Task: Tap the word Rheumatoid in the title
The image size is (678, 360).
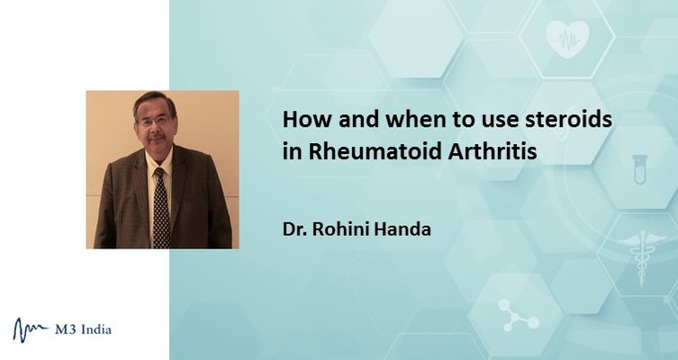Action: (374, 152)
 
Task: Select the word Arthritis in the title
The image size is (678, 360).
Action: (493, 152)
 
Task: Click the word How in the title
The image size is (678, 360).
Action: (307, 120)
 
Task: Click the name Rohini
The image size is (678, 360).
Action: (340, 229)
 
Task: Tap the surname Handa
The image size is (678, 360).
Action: (402, 229)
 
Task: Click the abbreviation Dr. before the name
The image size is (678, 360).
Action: (295, 229)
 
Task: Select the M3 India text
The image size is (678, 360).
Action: (83, 330)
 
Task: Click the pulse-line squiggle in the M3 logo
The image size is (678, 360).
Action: (31, 329)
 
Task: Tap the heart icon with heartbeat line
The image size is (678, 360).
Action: (567, 40)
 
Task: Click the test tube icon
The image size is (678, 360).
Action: (639, 169)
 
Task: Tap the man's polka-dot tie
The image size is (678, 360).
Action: (160, 207)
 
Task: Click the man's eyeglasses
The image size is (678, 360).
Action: (154, 121)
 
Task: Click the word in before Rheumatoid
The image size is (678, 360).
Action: (292, 152)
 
